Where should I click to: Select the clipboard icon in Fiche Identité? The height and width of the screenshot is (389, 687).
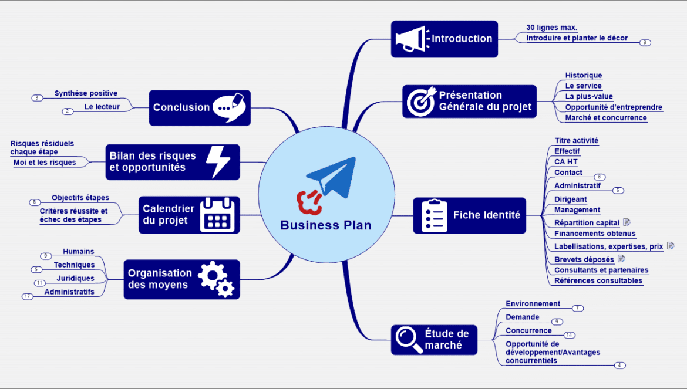[x=435, y=215]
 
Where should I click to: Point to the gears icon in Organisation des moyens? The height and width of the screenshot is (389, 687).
[x=215, y=279]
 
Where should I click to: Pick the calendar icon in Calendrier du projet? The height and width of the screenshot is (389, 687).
[x=217, y=215]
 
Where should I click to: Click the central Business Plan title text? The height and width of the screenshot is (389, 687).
[x=326, y=225]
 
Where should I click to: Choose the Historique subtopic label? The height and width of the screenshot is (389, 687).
[x=583, y=75]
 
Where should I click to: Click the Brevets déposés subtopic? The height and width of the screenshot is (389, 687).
[x=584, y=259]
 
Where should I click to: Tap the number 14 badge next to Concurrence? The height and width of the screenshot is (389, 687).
[x=569, y=335]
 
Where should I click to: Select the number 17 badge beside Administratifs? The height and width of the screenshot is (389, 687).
[x=28, y=296]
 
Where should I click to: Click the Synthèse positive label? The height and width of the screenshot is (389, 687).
[x=86, y=93]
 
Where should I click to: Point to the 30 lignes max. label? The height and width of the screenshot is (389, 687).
[x=551, y=28]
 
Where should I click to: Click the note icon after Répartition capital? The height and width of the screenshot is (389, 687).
[x=627, y=222]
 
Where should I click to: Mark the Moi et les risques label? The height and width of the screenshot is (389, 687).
[x=45, y=163]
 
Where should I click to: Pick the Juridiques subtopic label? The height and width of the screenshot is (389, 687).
[x=75, y=278]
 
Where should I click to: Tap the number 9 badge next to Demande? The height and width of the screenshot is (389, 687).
[x=557, y=322]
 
